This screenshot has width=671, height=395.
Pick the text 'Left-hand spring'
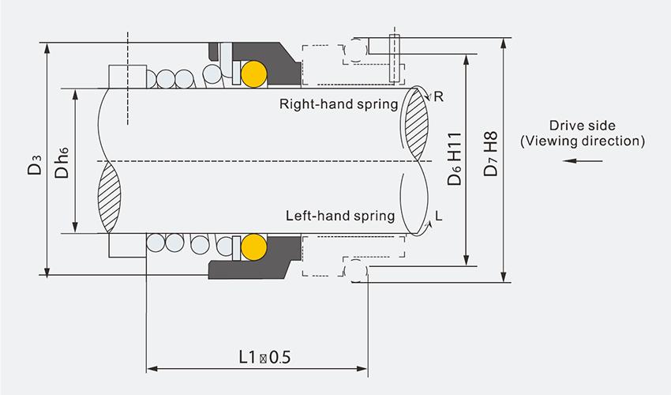(x=340, y=216)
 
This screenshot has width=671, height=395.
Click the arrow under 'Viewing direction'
(x=583, y=162)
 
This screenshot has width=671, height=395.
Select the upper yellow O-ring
(x=253, y=73)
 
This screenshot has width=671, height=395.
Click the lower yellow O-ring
(x=253, y=246)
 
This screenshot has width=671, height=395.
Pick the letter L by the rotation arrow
(x=438, y=216)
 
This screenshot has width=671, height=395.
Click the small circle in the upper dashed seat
(x=357, y=51)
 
